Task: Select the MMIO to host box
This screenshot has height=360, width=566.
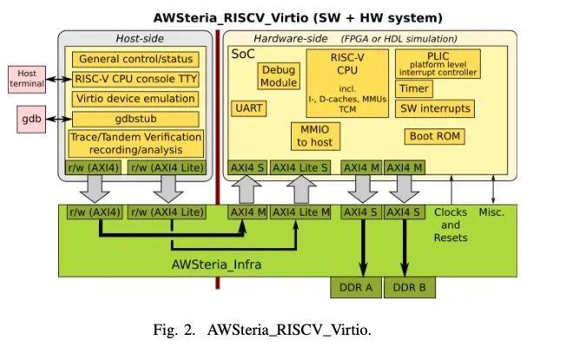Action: (x=314, y=135)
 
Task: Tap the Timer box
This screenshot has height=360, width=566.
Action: (x=413, y=88)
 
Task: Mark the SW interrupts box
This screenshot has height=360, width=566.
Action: (x=434, y=108)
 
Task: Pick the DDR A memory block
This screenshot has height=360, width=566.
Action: (x=355, y=287)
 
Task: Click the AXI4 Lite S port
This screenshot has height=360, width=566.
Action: (x=300, y=167)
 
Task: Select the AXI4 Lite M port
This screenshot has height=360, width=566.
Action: (x=300, y=212)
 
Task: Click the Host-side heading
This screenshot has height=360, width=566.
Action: (x=139, y=38)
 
